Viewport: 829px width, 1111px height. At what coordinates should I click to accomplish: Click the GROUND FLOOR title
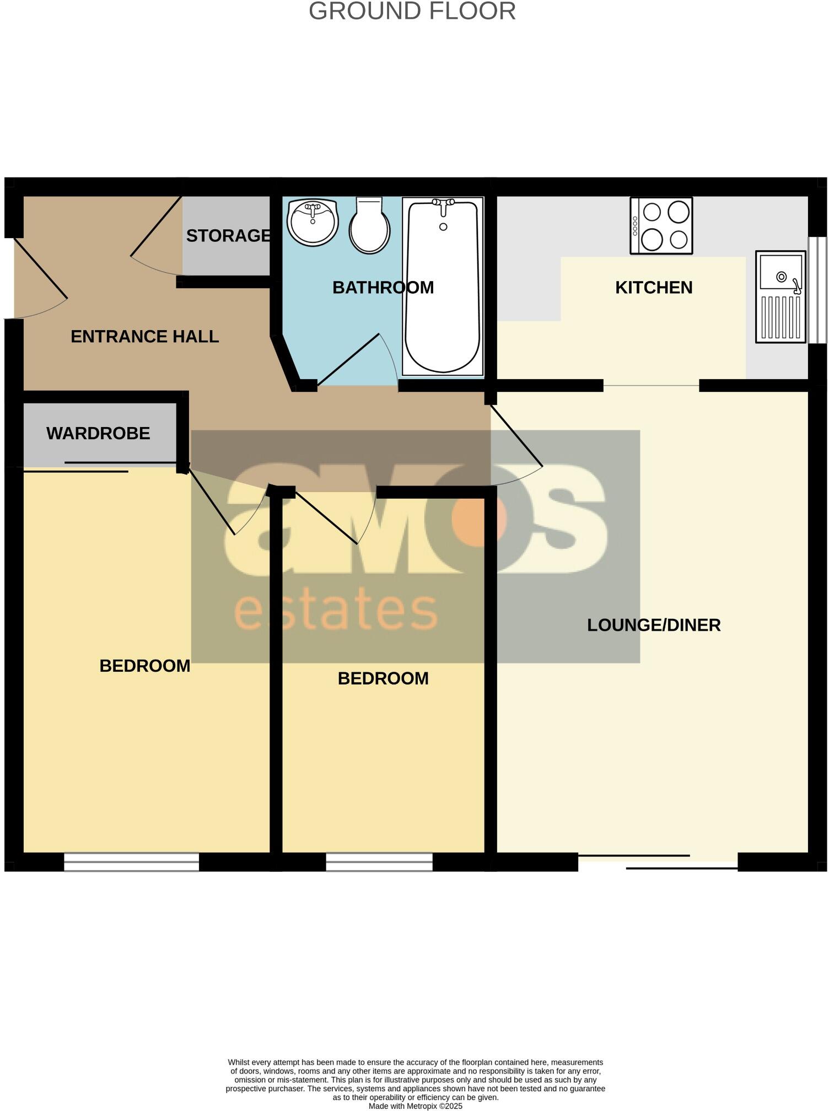click(x=412, y=12)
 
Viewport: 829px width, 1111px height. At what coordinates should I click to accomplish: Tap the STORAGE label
click(x=228, y=236)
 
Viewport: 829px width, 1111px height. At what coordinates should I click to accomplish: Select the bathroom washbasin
click(x=313, y=222)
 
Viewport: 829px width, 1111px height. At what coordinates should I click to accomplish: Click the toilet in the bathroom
click(x=370, y=226)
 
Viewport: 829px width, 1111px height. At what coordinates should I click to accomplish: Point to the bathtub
click(x=443, y=287)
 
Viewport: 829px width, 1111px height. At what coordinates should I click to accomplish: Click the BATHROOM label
click(x=383, y=288)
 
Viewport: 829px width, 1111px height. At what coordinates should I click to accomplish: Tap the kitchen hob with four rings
click(x=661, y=226)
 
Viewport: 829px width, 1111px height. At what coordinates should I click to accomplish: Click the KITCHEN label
click(x=653, y=288)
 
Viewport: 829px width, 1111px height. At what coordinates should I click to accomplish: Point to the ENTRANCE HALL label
click(x=144, y=337)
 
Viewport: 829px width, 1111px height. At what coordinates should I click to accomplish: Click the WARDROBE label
click(x=98, y=434)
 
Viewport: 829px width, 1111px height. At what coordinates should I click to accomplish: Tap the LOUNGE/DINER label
click(x=653, y=625)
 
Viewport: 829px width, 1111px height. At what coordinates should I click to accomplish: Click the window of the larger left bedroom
click(x=131, y=862)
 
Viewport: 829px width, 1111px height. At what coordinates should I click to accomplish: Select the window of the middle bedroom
click(x=379, y=862)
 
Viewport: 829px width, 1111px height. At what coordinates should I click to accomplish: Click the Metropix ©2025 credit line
click(x=415, y=1106)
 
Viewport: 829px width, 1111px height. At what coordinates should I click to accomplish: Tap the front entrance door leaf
click(x=40, y=268)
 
